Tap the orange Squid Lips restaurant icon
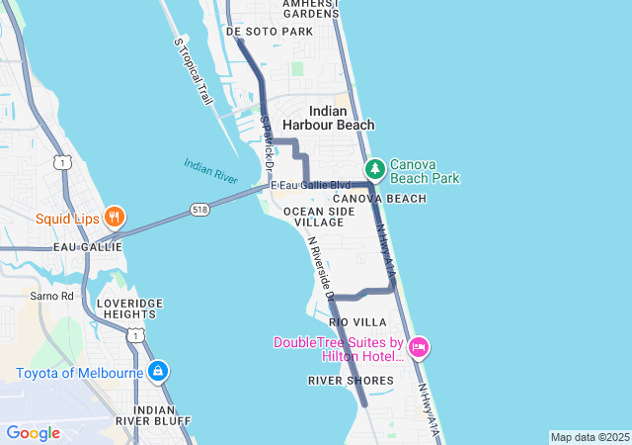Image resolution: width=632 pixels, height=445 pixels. [x=115, y=218]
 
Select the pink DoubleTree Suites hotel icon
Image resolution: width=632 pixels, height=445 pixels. [x=419, y=347]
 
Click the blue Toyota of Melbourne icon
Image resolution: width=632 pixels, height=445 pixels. [x=157, y=373]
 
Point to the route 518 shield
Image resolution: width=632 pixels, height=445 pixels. [x=201, y=210]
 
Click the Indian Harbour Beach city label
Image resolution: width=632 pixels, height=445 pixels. [x=328, y=118]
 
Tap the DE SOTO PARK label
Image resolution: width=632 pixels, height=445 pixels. [x=270, y=32]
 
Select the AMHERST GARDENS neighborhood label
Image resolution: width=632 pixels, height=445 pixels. [x=310, y=9]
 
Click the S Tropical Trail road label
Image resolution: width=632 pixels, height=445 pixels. [x=193, y=71]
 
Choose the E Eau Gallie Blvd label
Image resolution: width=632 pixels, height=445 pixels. [x=311, y=185]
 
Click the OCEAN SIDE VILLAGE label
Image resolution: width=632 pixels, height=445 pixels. [x=313, y=217]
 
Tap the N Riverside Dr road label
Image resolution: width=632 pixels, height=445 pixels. [x=321, y=267]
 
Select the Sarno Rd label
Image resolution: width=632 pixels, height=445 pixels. [x=51, y=296]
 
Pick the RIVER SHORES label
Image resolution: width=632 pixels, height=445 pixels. [x=351, y=380]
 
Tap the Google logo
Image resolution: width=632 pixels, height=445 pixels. [x=33, y=433]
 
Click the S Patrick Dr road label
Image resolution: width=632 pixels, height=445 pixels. [x=266, y=139]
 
